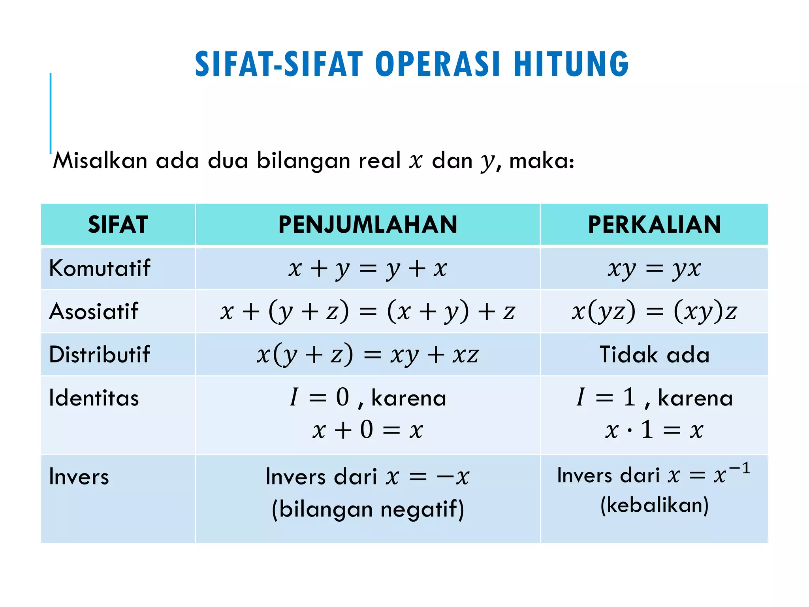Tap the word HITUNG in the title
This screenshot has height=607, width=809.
(x=571, y=64)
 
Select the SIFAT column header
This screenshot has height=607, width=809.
(x=118, y=224)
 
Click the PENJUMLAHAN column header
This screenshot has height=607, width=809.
(x=367, y=224)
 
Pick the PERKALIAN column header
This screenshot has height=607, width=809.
(x=654, y=224)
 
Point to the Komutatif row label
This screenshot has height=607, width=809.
(x=100, y=268)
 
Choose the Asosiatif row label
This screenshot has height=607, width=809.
(x=94, y=311)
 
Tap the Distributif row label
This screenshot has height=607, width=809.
(x=100, y=354)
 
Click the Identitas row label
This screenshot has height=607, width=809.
(x=94, y=398)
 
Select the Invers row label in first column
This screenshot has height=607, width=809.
(x=79, y=477)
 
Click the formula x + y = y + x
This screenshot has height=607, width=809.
(x=367, y=269)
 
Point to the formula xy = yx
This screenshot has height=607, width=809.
(x=654, y=269)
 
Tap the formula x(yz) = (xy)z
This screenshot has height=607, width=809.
(x=654, y=311)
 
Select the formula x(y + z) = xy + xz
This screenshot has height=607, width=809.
(x=367, y=354)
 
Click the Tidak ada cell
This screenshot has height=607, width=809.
(x=654, y=354)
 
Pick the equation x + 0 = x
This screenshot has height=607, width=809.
(x=367, y=430)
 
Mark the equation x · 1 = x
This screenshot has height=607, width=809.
(x=654, y=430)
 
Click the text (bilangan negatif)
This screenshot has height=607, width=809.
(x=367, y=509)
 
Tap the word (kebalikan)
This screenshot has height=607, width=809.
(x=654, y=505)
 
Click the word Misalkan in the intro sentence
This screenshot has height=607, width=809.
(x=100, y=161)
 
